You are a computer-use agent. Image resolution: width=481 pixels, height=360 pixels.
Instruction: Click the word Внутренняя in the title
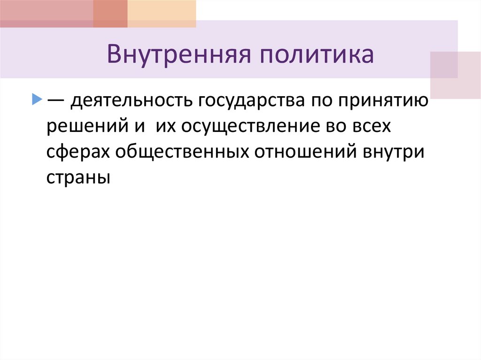(177, 54)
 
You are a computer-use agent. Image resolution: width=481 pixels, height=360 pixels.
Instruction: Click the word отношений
(306, 153)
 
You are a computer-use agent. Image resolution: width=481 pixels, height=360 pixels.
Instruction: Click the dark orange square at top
(110, 14)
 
